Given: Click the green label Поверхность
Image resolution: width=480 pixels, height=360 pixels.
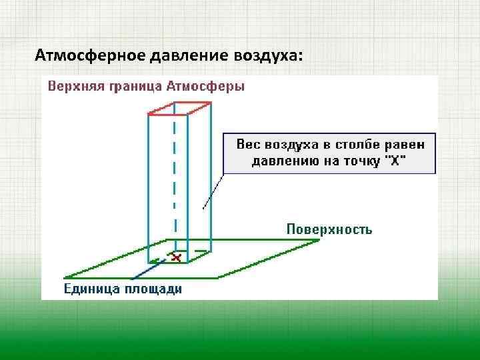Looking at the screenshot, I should pos(329,229).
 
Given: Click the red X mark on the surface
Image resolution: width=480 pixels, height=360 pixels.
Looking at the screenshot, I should pos(176,256).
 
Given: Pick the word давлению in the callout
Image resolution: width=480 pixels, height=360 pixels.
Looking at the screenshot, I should pos(282,161).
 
